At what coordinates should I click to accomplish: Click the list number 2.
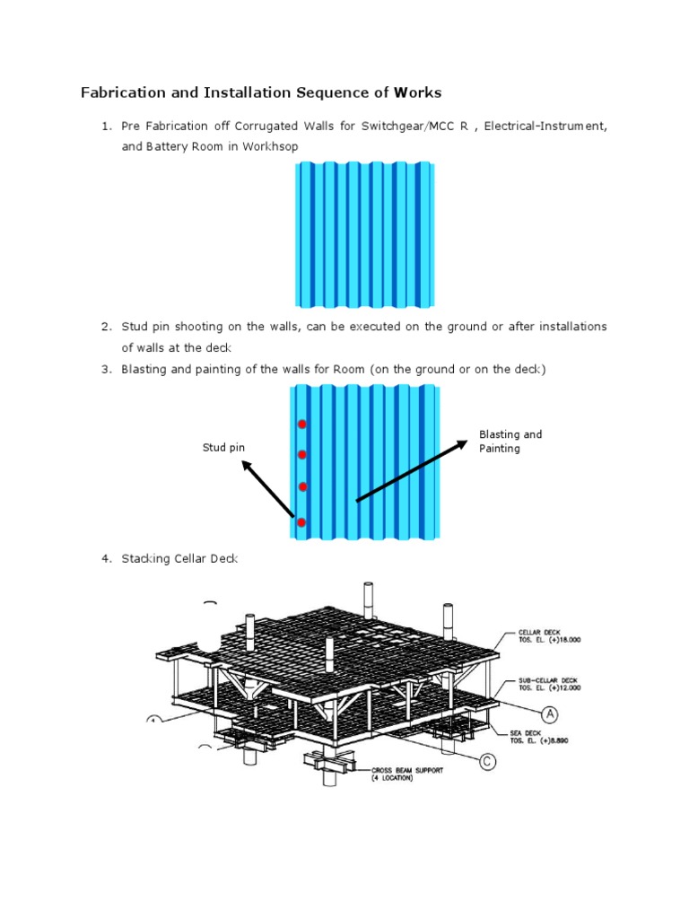(x=106, y=327)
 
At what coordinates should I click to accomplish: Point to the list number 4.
(x=106, y=559)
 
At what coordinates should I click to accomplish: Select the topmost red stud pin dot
(x=302, y=424)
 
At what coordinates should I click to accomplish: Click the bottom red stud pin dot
(x=301, y=522)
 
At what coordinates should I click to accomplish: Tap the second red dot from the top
(x=302, y=455)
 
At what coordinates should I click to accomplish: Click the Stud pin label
(x=224, y=447)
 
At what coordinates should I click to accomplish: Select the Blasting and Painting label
(x=510, y=442)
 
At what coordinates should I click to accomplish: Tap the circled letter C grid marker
(x=487, y=762)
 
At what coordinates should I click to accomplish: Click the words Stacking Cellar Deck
(x=180, y=559)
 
